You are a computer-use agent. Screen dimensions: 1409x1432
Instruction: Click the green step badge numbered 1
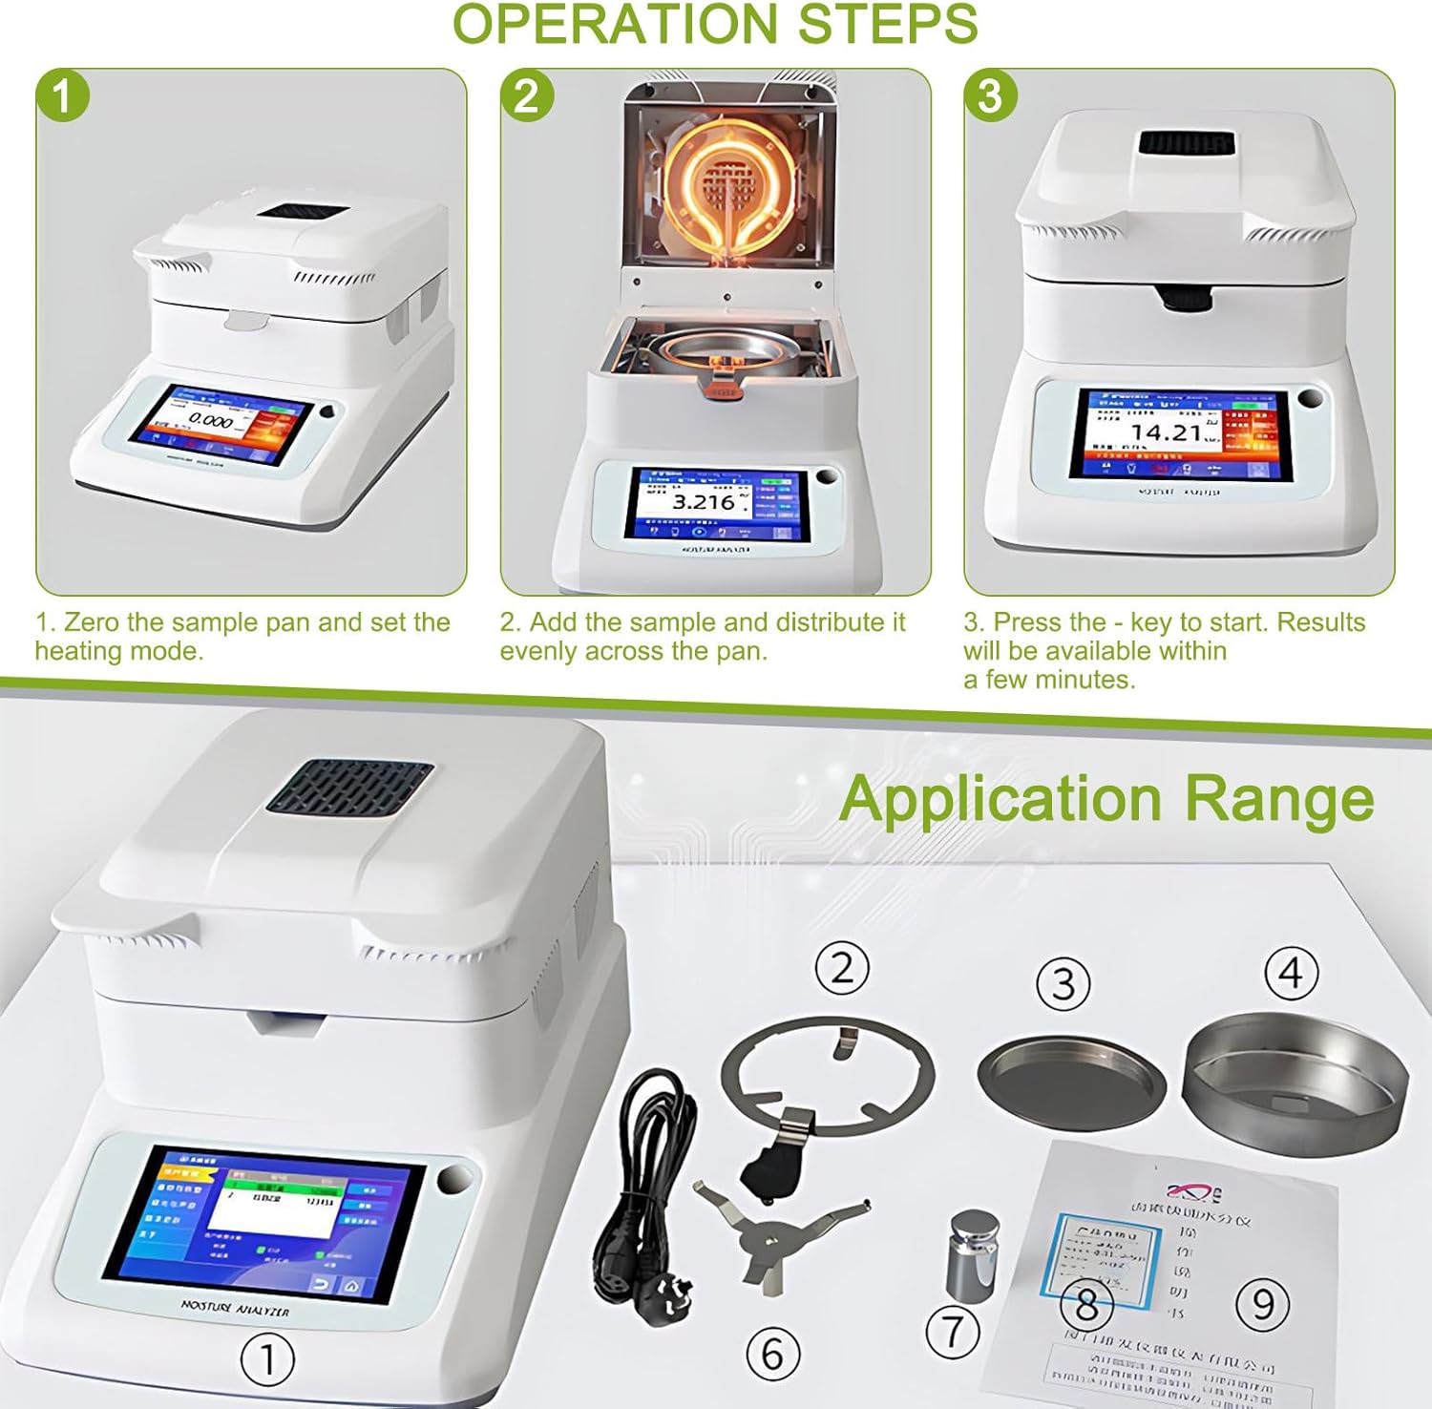pyautogui.click(x=63, y=96)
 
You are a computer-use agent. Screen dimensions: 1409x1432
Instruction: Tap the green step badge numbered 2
pyautogui.click(x=527, y=96)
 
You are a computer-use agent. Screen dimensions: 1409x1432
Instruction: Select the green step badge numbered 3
pyautogui.click(x=990, y=96)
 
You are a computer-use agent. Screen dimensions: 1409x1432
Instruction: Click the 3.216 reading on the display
pyautogui.click(x=704, y=502)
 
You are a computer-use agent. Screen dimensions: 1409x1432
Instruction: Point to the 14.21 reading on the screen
pyautogui.click(x=1166, y=432)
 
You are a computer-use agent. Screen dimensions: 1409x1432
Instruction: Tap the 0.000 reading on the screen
pyautogui.click(x=210, y=421)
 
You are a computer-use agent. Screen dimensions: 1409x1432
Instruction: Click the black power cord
pyautogui.click(x=640, y=1193)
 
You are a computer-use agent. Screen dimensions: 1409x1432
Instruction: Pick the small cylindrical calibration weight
pyautogui.click(x=973, y=1255)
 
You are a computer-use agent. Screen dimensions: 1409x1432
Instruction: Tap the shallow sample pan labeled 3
pyautogui.click(x=1071, y=1074)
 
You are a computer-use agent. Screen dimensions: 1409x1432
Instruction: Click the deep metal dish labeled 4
pyautogui.click(x=1295, y=1081)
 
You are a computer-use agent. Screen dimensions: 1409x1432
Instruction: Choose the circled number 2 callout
pyautogui.click(x=842, y=968)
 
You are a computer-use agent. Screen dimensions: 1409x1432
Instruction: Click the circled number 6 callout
pyautogui.click(x=772, y=1354)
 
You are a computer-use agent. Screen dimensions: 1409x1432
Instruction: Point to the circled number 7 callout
pyautogui.click(x=953, y=1331)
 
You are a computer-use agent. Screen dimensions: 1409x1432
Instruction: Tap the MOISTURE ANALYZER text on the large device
pyautogui.click(x=235, y=1307)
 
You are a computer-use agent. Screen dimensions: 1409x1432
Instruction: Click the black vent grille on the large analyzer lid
pyautogui.click(x=348, y=787)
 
